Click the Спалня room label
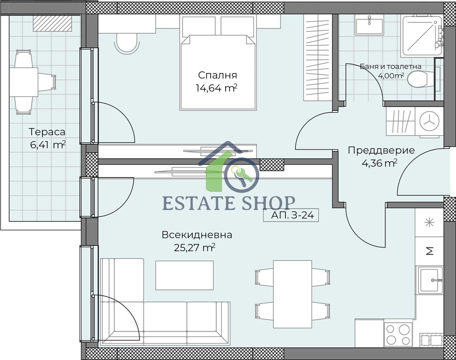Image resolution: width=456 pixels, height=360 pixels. point(218,75)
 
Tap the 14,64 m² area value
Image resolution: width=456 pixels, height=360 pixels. point(216,88)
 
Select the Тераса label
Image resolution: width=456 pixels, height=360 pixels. point(47,132)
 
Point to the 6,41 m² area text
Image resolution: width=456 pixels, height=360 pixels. point(48,145)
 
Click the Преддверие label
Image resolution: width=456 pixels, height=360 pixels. point(381,150)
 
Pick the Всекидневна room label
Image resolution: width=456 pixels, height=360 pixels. point(197,235)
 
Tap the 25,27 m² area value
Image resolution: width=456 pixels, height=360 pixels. point(195,248)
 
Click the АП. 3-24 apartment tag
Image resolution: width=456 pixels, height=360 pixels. point(292,216)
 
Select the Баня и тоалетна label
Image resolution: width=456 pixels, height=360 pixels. point(391,67)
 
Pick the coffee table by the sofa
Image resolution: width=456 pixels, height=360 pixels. point(184,275)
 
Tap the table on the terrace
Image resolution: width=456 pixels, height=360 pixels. point(23,82)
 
